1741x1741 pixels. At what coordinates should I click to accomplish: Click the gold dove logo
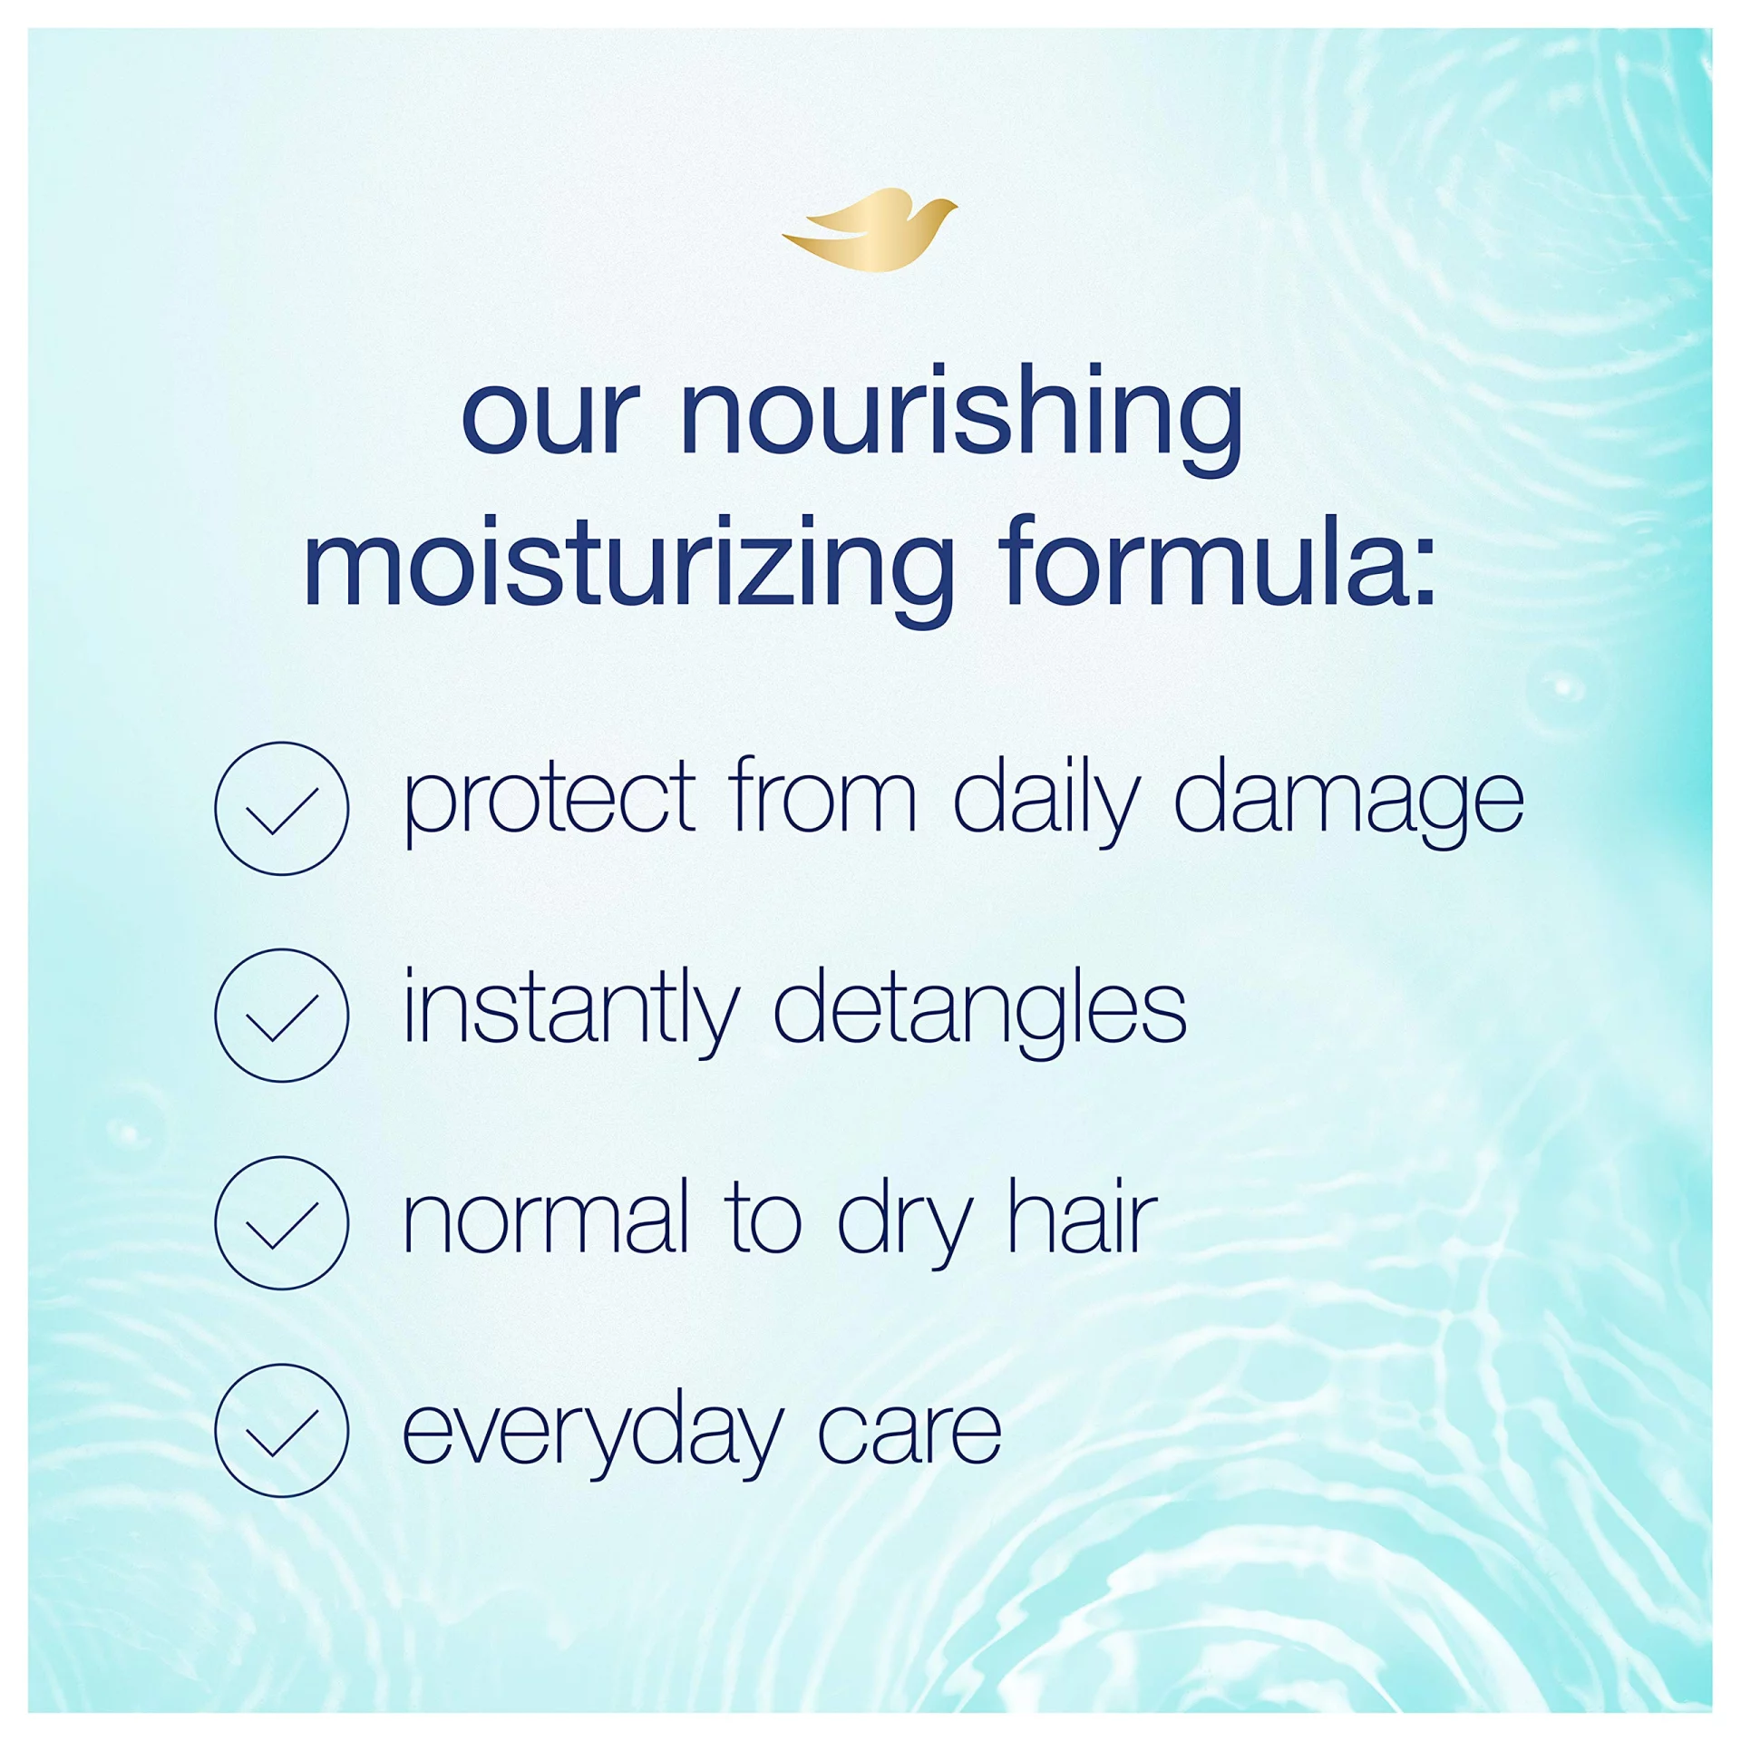[870, 229]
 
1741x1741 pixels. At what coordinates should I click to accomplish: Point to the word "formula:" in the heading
[1217, 559]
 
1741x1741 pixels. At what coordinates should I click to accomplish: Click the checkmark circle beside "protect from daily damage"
[281, 808]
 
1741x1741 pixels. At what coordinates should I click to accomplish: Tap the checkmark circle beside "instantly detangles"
[281, 1016]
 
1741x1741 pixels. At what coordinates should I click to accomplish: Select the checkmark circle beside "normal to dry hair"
[281, 1222]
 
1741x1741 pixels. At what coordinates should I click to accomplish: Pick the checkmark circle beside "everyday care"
[281, 1430]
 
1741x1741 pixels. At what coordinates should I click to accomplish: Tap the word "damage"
[1349, 799]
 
